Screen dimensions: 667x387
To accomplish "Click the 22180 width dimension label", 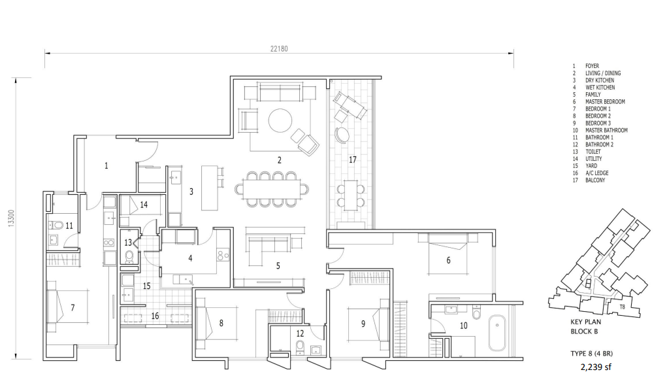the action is coord(279,48).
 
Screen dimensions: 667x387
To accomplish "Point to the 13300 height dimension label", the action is coord(12,218).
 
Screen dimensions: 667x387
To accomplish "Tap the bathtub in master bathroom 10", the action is coord(497,333).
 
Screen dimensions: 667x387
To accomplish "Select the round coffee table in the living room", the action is coord(280,120).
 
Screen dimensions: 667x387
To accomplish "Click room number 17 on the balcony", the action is coord(352,160).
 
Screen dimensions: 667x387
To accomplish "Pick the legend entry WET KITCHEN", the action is coord(600,88).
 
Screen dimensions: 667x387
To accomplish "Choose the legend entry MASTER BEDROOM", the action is coord(605,102).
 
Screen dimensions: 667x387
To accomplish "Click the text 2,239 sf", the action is coord(596,367).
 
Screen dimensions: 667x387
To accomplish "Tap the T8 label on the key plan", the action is coord(623,307).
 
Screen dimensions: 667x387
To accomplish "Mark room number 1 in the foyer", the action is coord(106,165).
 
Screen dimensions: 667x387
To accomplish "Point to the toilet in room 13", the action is coord(129,257).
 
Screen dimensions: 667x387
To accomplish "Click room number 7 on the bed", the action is coord(73,307).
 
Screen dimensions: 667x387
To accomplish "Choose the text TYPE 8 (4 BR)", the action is coord(592,354).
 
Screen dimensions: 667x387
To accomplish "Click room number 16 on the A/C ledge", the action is coord(155,316).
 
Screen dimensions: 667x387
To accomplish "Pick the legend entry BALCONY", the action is coord(595,180).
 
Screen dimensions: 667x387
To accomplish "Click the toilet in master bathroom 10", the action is coord(476,313).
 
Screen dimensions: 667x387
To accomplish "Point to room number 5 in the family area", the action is coord(278,266).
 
